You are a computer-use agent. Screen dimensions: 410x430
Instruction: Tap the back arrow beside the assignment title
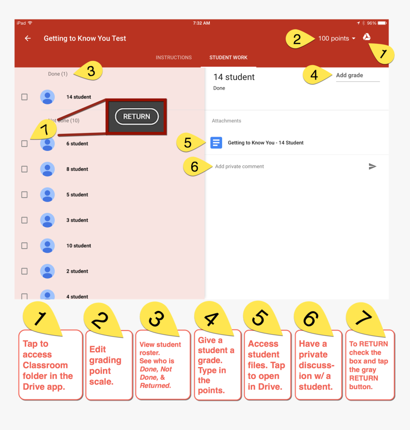[x=28, y=38]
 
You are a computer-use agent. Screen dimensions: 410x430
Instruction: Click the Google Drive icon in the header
[x=367, y=37]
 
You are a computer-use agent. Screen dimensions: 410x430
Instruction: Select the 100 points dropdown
[x=337, y=39]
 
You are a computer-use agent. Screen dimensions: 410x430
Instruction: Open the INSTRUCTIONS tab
[x=174, y=58]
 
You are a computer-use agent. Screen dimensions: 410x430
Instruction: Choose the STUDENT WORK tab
[x=228, y=58]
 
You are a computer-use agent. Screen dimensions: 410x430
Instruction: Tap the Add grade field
[x=358, y=75]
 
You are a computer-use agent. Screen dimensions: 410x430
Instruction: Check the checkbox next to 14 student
[x=24, y=97]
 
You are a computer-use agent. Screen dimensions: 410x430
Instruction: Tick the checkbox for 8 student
[x=24, y=169]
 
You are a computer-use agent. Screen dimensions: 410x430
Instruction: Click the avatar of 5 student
[x=48, y=194]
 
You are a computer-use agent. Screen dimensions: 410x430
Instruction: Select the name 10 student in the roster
[x=79, y=246]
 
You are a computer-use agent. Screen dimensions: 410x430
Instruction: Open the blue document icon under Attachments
[x=216, y=142]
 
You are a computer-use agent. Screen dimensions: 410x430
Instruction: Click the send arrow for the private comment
[x=372, y=166]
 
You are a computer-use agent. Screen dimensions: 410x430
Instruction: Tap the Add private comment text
[x=239, y=167]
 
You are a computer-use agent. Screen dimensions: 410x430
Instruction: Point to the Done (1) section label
[x=58, y=74]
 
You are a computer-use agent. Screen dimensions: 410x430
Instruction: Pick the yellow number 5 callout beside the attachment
[x=189, y=142]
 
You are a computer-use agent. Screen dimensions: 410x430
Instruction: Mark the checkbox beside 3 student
[x=24, y=220]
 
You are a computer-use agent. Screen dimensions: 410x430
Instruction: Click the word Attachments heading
[x=226, y=120]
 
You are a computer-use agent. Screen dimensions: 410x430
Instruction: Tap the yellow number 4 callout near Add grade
[x=316, y=75]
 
